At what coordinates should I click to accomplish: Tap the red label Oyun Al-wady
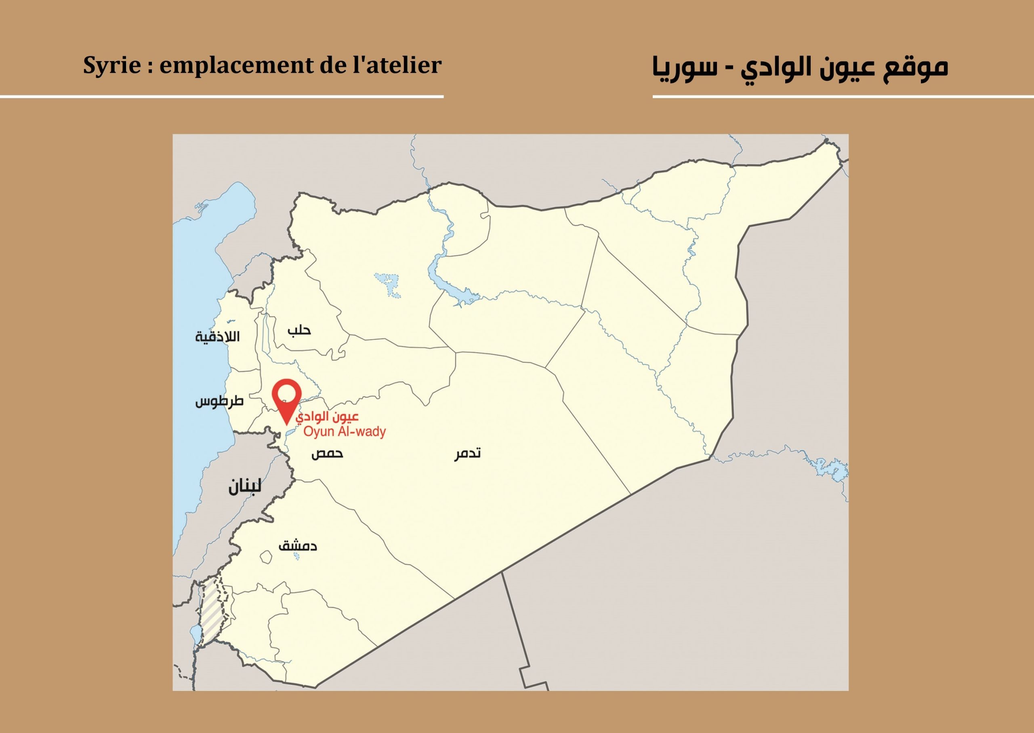tap(344, 432)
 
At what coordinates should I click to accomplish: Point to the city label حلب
tap(299, 330)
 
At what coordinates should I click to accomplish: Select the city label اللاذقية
tap(217, 337)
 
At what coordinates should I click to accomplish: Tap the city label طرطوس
tap(219, 401)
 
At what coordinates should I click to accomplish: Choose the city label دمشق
tap(298, 546)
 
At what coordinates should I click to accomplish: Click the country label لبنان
tap(244, 486)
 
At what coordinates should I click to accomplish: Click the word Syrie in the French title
tap(112, 65)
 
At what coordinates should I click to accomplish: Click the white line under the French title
tap(221, 96)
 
